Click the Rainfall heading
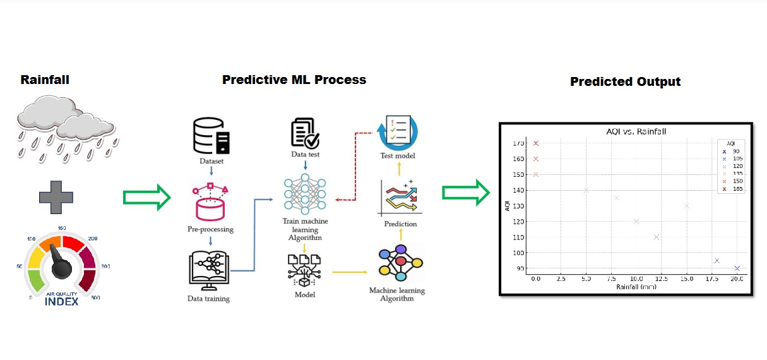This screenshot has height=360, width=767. (x=45, y=80)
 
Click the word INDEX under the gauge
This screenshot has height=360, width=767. (x=62, y=301)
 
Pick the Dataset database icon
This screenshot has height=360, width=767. (x=211, y=136)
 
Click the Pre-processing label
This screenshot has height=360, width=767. (x=210, y=229)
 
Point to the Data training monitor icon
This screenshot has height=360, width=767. (x=210, y=270)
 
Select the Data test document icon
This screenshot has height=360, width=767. (x=305, y=132)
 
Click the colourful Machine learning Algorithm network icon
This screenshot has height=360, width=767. (x=400, y=263)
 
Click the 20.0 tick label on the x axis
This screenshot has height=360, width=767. (x=737, y=279)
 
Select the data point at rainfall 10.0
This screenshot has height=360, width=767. (x=636, y=221)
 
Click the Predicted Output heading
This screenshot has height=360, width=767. (x=625, y=82)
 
